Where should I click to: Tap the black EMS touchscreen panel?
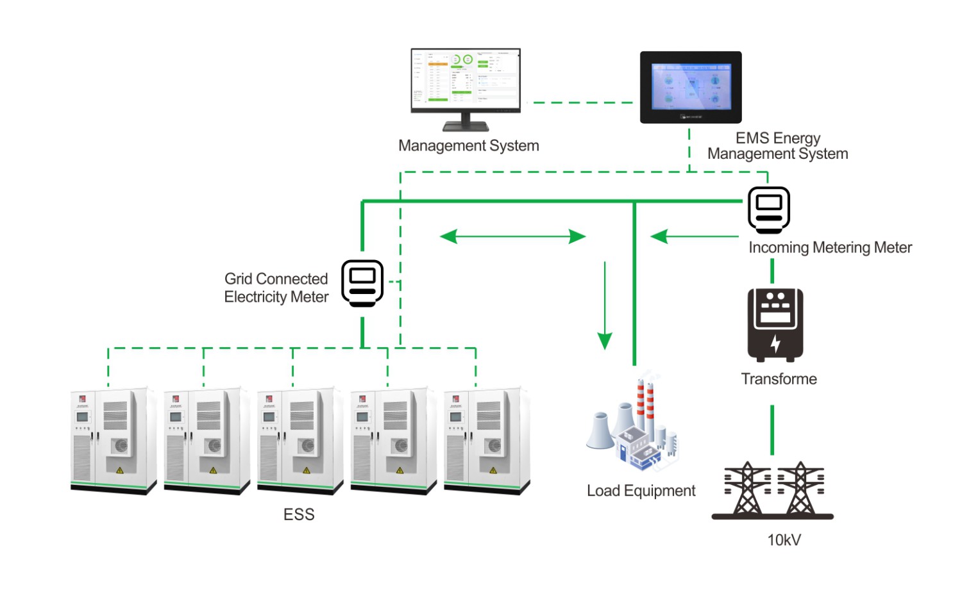pyautogui.click(x=691, y=87)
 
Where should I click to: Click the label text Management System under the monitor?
pyautogui.click(x=468, y=146)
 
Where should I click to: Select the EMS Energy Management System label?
pyautogui.click(x=777, y=146)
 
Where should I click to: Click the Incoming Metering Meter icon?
pyautogui.click(x=769, y=210)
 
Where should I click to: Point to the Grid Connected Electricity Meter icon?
pyautogui.click(x=362, y=283)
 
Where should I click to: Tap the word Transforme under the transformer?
pyautogui.click(x=779, y=379)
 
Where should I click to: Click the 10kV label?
pyautogui.click(x=784, y=540)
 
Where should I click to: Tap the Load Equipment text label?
pyautogui.click(x=641, y=491)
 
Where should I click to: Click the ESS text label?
pyautogui.click(x=299, y=514)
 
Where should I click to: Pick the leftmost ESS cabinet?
pyautogui.click(x=113, y=441)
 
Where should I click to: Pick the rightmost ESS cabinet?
pyautogui.click(x=487, y=441)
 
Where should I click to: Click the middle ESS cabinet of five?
pyautogui.click(x=300, y=441)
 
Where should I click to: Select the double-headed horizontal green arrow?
pyautogui.click(x=512, y=236)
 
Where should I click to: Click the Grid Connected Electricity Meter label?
pyautogui.click(x=276, y=288)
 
